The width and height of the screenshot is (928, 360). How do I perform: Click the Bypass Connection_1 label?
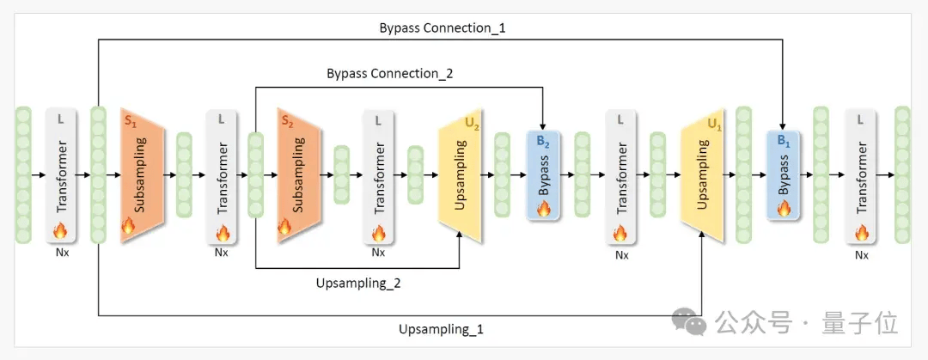point(443,27)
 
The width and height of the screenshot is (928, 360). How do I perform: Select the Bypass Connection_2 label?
point(390,74)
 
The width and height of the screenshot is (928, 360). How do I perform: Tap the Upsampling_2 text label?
point(358,283)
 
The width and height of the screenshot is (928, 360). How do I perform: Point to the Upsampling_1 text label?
point(441,329)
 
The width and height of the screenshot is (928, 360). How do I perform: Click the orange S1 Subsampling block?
point(142,175)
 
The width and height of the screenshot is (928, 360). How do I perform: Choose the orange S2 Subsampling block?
point(299,175)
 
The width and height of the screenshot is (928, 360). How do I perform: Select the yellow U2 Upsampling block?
point(460,175)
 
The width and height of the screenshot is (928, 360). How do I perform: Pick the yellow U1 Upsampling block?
point(703,175)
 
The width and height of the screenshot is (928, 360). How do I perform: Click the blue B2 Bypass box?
point(543,175)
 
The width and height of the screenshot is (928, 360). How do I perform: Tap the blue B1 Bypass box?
point(784,175)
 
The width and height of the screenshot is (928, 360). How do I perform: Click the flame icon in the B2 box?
point(543,208)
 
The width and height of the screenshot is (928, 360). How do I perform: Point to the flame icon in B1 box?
point(784,208)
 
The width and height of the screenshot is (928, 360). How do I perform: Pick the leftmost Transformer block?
point(62,175)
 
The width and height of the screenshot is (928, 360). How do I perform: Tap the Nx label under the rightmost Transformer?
point(862,255)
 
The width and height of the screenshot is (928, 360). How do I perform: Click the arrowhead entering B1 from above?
point(784,126)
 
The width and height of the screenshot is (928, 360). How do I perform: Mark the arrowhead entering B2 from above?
point(543,126)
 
